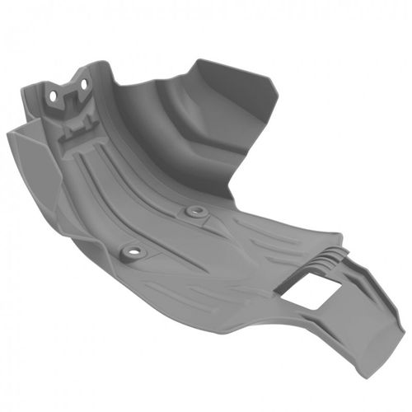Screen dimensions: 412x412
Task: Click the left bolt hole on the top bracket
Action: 54,96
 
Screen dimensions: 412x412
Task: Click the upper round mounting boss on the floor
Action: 194,212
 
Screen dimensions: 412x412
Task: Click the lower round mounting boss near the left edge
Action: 129,248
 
